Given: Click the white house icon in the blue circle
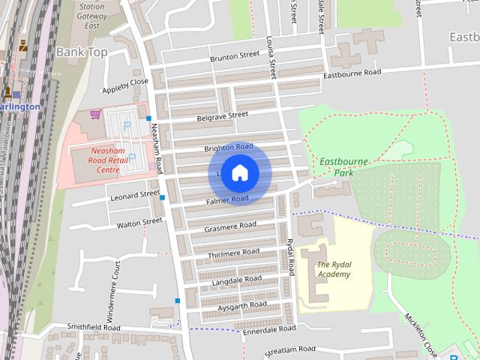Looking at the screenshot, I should point(239,173).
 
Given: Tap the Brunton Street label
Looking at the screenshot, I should point(235,56).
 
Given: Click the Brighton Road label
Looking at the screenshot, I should point(228,148).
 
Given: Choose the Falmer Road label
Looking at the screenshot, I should point(228,200).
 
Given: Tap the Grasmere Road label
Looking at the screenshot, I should point(231,225).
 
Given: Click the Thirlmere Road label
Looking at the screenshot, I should point(234,253).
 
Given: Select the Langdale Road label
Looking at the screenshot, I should point(235,280).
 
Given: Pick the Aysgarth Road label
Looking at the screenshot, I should point(241,306).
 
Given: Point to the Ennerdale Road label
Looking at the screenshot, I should point(267,329).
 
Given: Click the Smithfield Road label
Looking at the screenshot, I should point(93,328).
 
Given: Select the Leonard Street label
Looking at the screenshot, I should point(135,195).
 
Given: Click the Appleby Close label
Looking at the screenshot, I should point(125,83).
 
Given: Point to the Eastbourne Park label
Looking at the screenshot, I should point(335,166).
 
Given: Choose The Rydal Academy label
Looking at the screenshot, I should point(334,269).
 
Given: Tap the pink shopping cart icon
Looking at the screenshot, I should point(95,115).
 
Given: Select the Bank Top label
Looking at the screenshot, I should point(82,52).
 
